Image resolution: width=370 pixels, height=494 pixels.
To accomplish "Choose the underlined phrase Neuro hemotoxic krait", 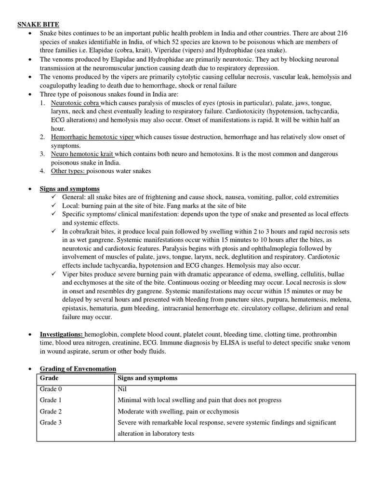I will tap(81, 154).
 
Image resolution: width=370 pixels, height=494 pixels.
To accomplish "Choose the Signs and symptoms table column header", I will tap(147, 378).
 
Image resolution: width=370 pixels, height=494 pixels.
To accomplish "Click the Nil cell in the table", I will tap(123, 389).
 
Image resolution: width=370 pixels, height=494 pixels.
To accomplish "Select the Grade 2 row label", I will tap(51, 411).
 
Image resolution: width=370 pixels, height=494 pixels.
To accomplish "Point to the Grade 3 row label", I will tap(51, 423).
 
